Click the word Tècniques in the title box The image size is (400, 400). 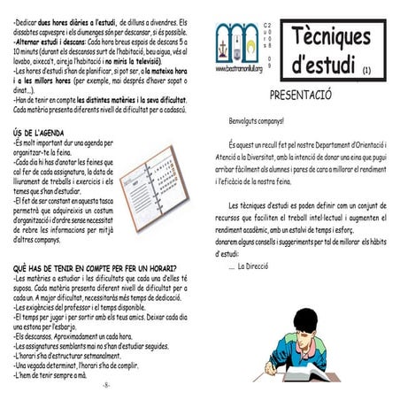pos(334,36)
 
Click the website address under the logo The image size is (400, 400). pos(240,68)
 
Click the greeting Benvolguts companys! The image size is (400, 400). pos(257,119)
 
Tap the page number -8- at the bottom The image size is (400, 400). pos(105,387)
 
